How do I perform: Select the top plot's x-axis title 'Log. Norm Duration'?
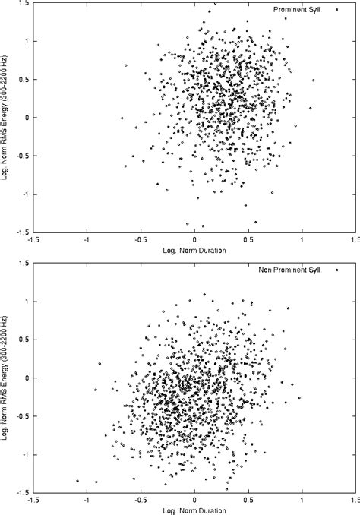[x=195, y=250]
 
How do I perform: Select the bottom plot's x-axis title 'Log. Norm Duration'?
[x=195, y=510]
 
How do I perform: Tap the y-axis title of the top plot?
[x=6, y=118]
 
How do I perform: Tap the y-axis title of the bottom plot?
[x=6, y=378]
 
